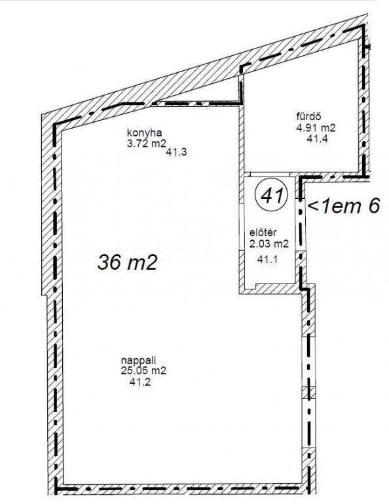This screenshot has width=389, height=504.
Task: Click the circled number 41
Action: point(271,195)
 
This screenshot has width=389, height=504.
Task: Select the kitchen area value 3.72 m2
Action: point(147,143)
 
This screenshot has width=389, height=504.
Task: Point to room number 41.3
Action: point(176,152)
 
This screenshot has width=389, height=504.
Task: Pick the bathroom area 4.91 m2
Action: point(316,128)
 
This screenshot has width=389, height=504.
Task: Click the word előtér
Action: point(263,232)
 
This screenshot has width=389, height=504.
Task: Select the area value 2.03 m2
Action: point(269,243)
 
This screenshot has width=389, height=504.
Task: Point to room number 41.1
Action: point(267,259)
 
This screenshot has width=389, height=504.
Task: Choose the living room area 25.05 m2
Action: point(143,371)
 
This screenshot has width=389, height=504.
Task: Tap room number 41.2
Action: point(140,382)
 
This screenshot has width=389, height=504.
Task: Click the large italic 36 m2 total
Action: point(128,262)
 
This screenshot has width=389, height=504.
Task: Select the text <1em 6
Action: point(344,205)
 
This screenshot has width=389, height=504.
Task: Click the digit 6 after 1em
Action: point(374,205)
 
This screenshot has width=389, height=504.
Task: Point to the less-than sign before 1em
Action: point(313,206)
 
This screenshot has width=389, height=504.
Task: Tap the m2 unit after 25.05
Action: point(158,371)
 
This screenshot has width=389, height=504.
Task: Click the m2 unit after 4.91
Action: point(328,128)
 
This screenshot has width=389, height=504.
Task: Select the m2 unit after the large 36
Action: point(142,262)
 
